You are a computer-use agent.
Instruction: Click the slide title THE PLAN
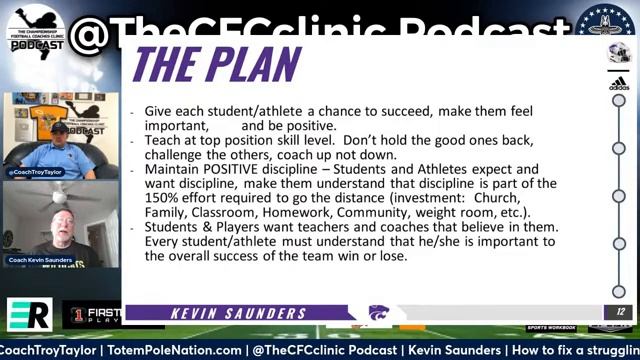(216, 64)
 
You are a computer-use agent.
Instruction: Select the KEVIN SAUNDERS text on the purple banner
(238, 313)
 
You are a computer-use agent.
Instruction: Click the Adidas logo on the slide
(619, 84)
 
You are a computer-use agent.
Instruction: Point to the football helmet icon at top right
(619, 53)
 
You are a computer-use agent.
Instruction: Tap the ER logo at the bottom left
(27, 313)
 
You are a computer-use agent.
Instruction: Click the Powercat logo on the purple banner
(379, 313)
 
